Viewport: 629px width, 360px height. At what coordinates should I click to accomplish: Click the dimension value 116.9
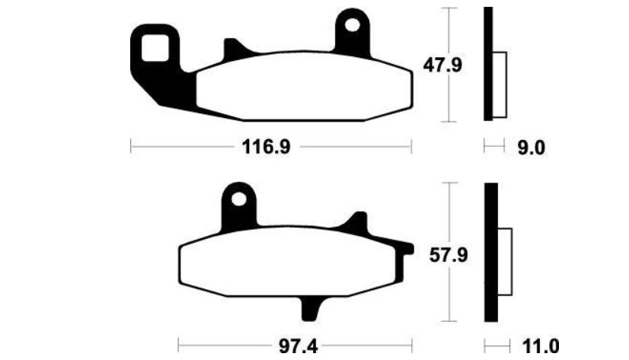(266, 147)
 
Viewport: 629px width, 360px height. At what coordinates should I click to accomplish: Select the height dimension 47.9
(442, 65)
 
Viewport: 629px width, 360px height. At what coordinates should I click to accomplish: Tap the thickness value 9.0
(531, 148)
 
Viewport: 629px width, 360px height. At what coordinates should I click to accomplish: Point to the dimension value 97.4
(298, 346)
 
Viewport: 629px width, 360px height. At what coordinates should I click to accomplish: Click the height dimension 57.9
(448, 255)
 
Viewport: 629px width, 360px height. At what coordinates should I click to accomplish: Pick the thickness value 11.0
(541, 346)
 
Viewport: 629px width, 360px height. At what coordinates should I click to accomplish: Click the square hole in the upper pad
(155, 48)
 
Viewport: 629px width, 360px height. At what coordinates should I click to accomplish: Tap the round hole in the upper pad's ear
(353, 25)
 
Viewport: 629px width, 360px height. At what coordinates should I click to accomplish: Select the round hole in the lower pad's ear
(239, 199)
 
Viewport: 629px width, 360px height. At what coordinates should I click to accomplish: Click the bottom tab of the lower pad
(311, 309)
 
